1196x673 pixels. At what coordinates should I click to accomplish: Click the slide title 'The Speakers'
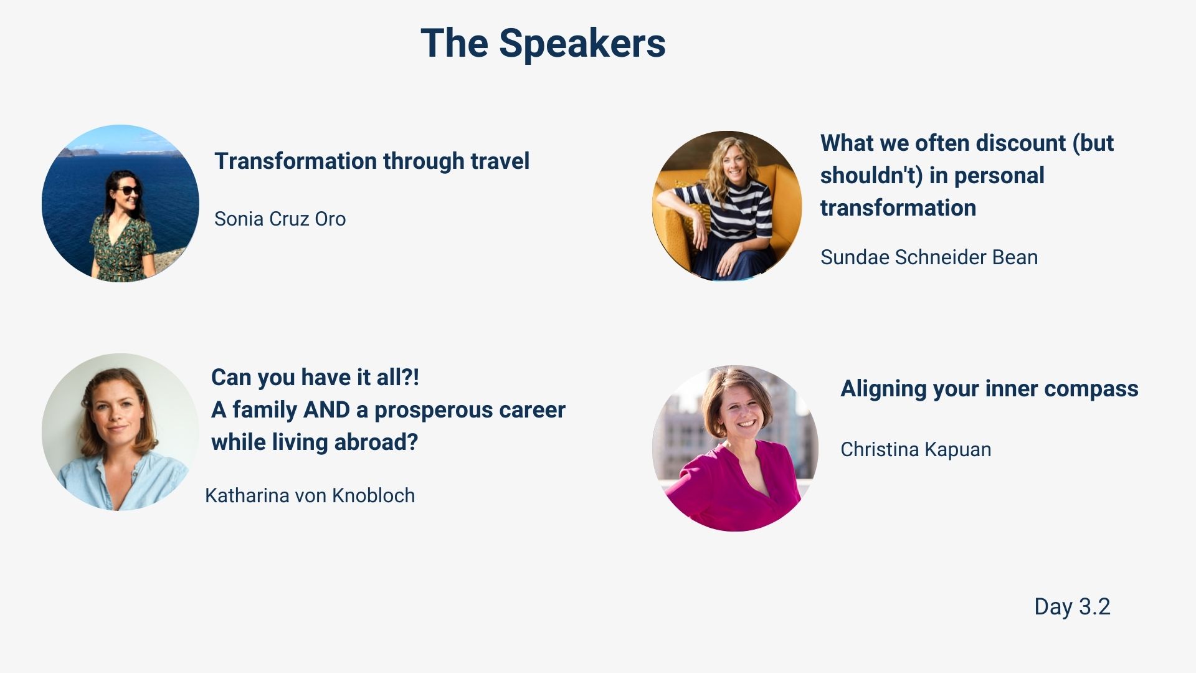coord(543,44)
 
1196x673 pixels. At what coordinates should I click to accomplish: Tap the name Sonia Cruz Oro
coord(280,219)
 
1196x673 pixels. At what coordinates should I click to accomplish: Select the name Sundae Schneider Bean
coord(929,257)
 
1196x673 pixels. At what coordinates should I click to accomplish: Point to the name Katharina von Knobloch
coord(310,495)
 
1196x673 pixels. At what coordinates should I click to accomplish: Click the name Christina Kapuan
coord(916,449)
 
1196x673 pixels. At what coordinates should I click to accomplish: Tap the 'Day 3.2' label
coord(1072,606)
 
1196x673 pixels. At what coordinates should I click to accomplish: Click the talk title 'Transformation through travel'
coord(372,161)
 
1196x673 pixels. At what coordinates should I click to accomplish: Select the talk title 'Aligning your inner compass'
coord(989,388)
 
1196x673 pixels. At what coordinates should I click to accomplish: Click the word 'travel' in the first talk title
coord(500,161)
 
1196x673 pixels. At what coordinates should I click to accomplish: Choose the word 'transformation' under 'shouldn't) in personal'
coord(898,208)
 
